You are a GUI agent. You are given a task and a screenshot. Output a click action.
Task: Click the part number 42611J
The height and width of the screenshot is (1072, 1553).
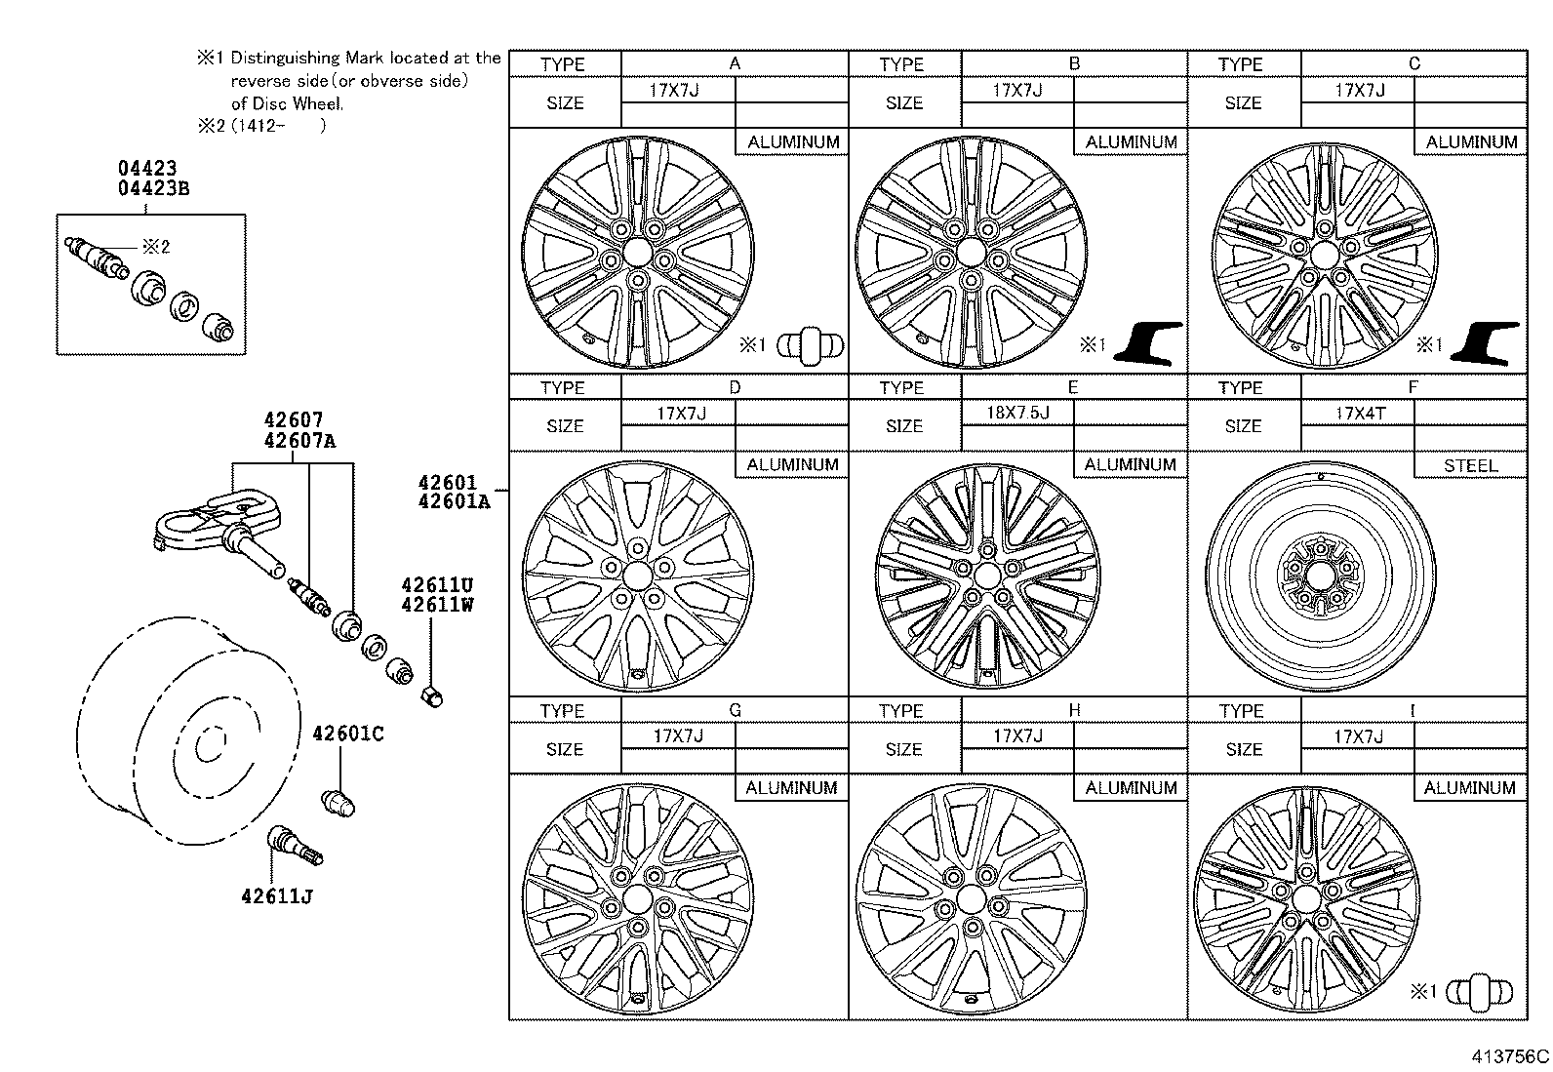pos(276,895)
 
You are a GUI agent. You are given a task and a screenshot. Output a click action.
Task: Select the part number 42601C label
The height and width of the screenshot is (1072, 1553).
pos(347,734)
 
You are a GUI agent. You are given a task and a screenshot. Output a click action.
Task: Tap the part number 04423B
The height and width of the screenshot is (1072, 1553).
pos(153,188)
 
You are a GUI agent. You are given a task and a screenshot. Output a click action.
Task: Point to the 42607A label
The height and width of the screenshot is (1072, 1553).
pos(299,440)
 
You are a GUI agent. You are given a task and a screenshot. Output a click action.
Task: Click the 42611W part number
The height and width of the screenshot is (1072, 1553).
pos(436,604)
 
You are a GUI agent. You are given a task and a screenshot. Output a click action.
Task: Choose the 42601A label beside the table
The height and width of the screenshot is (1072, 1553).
pos(454,502)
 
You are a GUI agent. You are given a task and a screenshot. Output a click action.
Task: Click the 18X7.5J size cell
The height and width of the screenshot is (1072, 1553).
pos(1017,413)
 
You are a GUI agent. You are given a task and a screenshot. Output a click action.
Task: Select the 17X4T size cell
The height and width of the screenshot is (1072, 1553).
pos(1359,413)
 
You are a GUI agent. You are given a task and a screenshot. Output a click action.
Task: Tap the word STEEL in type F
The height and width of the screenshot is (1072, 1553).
pos(1469,465)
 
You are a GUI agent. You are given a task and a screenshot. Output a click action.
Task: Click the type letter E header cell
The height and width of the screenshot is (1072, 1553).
pos(1073,387)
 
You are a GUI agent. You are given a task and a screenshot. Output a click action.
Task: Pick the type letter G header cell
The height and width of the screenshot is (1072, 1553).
pos(735,710)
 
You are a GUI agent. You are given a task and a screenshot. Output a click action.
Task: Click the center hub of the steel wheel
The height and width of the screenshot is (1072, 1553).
pos(1319,574)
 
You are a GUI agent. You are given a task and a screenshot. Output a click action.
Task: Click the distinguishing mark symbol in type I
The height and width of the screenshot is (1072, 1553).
pos(1480,992)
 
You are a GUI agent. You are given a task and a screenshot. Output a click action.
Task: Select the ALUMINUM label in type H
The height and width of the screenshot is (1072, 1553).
pos(1131,787)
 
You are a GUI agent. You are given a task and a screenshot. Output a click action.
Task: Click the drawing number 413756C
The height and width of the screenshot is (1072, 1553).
pos(1510,1056)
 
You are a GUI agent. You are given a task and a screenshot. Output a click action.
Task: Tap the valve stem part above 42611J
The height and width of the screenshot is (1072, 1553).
pos(293,844)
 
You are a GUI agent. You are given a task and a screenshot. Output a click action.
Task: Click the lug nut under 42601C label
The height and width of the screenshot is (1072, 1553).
pos(338,802)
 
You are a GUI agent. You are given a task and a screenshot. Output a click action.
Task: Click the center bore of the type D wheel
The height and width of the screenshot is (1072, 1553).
pos(637,573)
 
